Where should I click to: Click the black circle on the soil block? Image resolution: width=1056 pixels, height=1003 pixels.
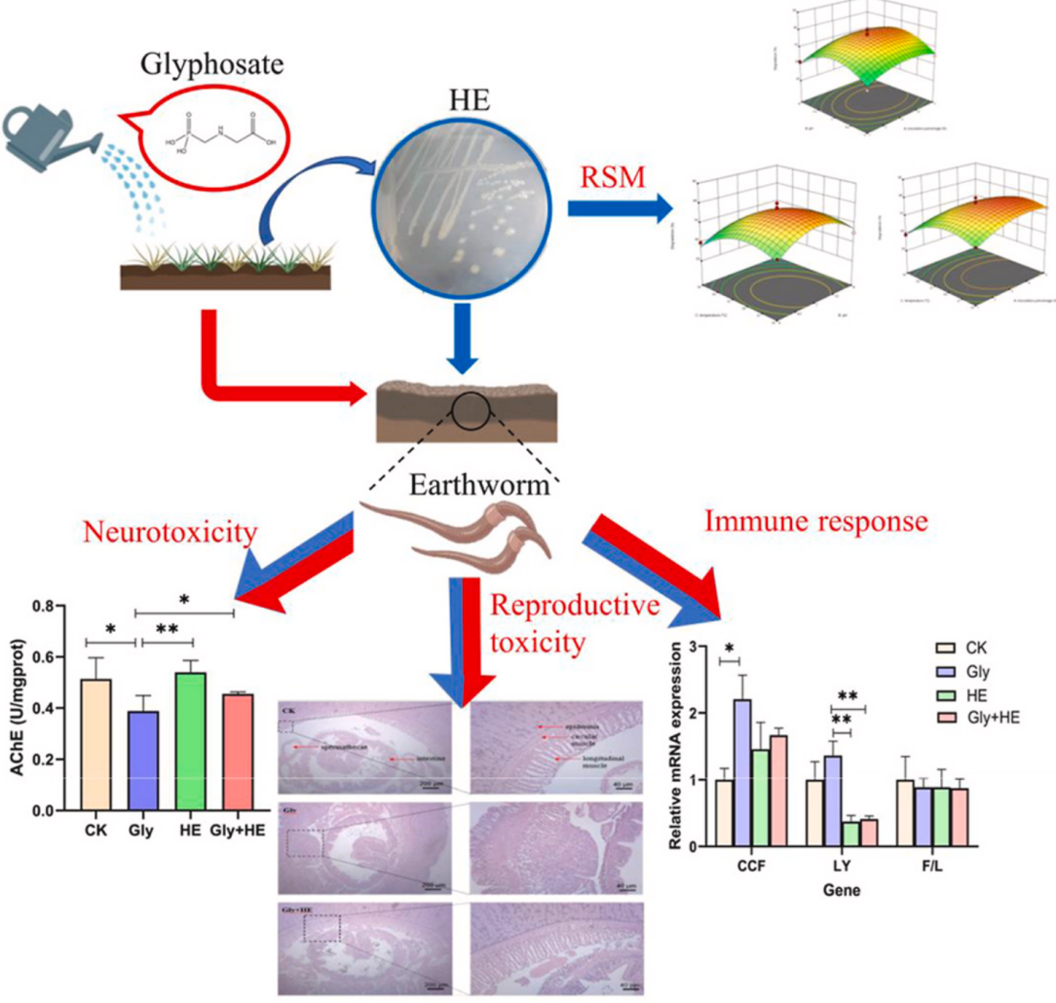471,411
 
